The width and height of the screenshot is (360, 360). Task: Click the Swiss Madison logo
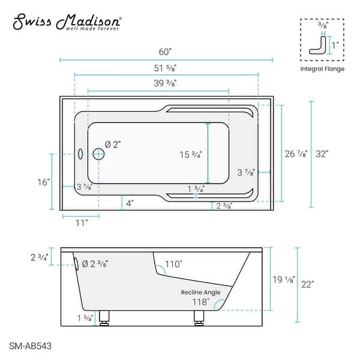pyautogui.click(x=67, y=22)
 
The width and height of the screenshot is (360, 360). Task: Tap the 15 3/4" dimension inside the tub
pyautogui.click(x=191, y=154)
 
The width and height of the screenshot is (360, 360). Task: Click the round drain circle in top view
pyautogui.click(x=98, y=154)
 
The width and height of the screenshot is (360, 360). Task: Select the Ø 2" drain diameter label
pyautogui.click(x=113, y=145)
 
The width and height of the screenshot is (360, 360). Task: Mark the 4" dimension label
pyautogui.click(x=130, y=203)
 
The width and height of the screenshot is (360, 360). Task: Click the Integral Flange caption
pyautogui.click(x=322, y=69)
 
